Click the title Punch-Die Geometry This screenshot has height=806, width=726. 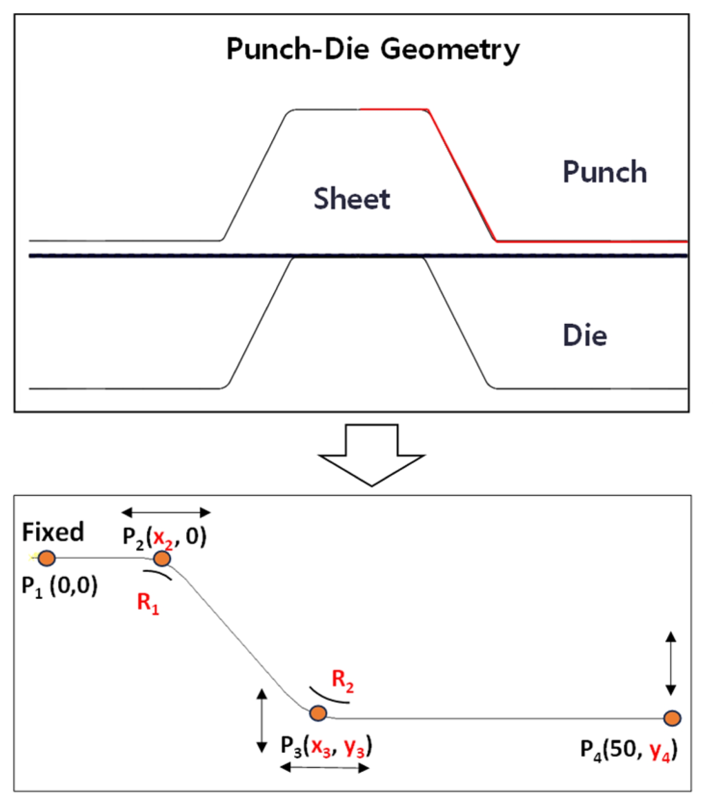pos(373,49)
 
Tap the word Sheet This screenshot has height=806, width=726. pos(352,199)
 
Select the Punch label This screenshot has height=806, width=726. pos(605,172)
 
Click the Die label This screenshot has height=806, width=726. pos(585,335)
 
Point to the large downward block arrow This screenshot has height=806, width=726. pos(372,455)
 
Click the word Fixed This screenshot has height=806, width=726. pos(53,532)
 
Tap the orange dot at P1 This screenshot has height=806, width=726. pos(47,558)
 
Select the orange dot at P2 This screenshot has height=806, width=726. pos(162,559)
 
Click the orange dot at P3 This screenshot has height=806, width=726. pos(318,713)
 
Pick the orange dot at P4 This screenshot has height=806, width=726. pos(672,718)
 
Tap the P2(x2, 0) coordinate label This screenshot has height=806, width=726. pos(164,537)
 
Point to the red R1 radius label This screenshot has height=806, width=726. pos(148,604)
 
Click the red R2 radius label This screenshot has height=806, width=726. pos(343,682)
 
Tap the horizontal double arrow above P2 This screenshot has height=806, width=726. pos(166,512)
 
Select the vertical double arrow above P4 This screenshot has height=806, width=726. pos(671,663)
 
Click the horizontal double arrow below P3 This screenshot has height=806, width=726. pos(325,767)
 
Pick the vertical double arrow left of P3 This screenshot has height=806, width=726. pos(262,721)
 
